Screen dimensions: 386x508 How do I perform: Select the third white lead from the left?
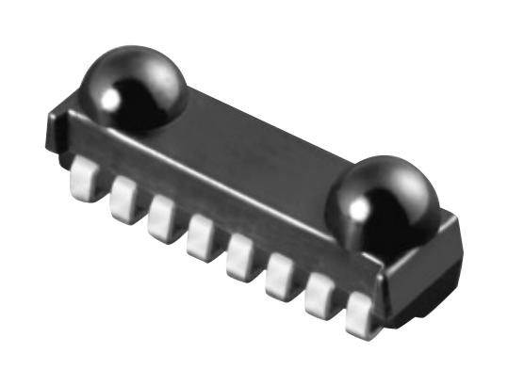click(x=161, y=217)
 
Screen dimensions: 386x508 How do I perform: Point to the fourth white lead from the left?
click(x=200, y=236)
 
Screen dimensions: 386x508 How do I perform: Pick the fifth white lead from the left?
click(x=240, y=256)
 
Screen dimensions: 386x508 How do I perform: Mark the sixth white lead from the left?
click(x=280, y=277)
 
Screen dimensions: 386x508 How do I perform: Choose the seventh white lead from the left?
click(x=320, y=296)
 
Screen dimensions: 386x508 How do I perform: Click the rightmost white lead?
click(x=360, y=314)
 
